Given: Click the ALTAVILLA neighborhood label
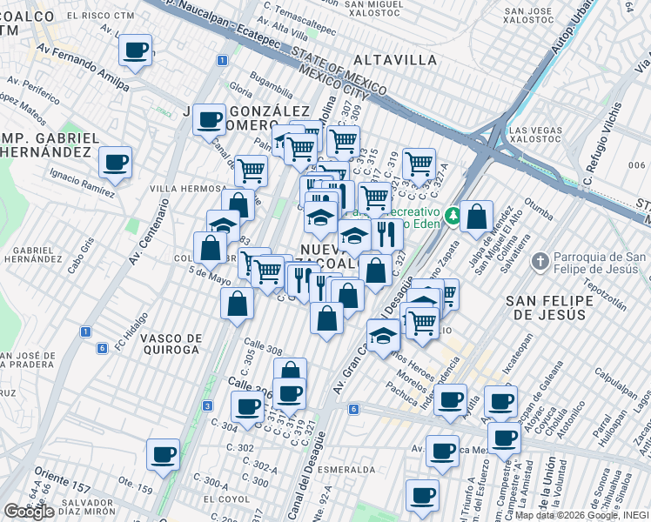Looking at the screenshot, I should tap(394, 60).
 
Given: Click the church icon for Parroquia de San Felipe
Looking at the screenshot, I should tap(540, 260).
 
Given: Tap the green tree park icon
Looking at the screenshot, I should tap(453, 216).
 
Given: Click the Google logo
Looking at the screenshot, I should tap(29, 512).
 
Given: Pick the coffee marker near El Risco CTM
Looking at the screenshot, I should tap(135, 50).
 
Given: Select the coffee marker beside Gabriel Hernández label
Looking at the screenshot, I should tap(115, 161).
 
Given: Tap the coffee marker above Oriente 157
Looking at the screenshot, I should tap(163, 453).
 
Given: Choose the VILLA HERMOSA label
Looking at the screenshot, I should tap(188, 188).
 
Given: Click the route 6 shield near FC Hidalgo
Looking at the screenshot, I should tap(102, 348).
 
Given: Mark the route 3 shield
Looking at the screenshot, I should tap(207, 405).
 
